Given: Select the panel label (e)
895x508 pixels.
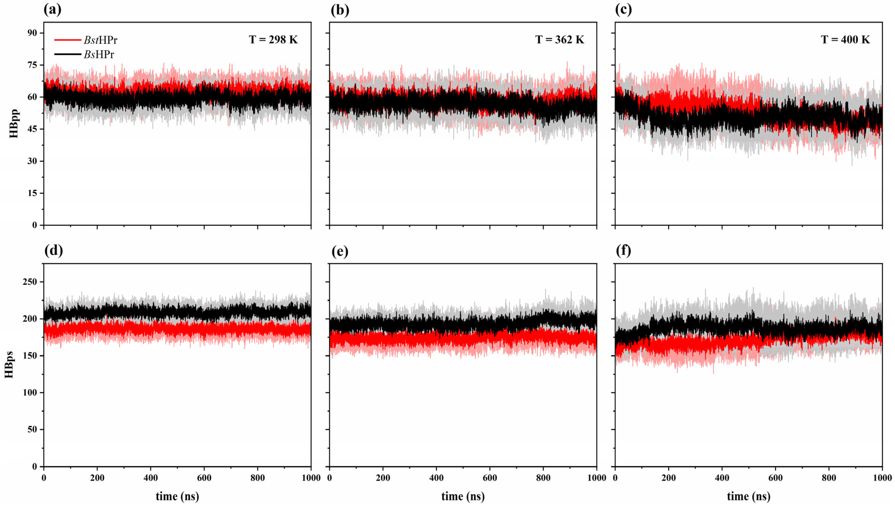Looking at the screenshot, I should pos(340,251).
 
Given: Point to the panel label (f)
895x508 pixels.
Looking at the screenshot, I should pos(623,251).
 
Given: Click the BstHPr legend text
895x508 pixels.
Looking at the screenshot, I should pos(100,40).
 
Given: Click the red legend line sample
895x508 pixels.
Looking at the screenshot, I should pos(67,40).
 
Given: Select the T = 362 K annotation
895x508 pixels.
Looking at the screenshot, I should pos(559,40).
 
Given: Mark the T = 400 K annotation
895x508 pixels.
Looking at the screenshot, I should pos(845,40).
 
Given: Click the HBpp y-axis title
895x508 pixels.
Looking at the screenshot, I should pos(14,124).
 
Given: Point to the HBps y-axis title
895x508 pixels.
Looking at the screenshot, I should pos(9,365).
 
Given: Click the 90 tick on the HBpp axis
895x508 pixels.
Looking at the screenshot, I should pos(33,33).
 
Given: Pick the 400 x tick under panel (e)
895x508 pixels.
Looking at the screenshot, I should pos(436,478).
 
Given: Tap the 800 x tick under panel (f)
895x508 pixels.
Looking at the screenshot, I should pos(829,478).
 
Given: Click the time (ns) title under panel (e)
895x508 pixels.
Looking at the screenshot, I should pos(463,496).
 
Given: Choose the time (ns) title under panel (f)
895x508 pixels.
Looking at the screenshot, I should pos(749,496).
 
